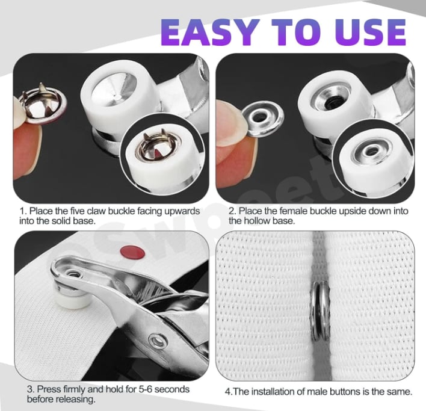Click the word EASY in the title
click(208, 32)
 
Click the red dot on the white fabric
click(132, 252)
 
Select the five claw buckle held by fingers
click(44, 104)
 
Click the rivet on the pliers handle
click(157, 341)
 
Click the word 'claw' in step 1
click(96, 211)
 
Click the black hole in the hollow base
click(332, 102)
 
